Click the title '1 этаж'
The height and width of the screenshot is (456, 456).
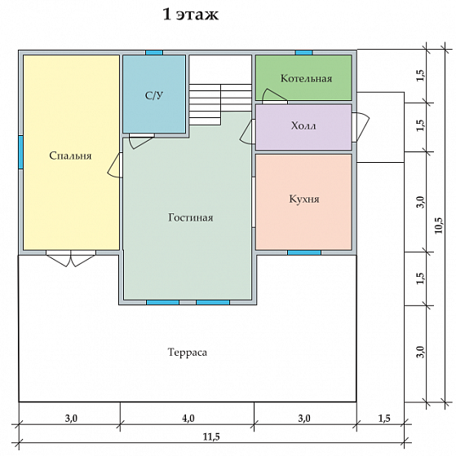click(x=190, y=15)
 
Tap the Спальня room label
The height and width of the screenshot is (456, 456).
click(x=70, y=156)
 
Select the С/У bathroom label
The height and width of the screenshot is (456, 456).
click(x=154, y=95)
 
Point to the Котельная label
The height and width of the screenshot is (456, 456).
click(x=306, y=78)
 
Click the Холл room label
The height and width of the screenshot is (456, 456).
click(x=303, y=125)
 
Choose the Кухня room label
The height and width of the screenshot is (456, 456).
click(x=304, y=199)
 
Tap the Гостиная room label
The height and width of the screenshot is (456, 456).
click(x=191, y=217)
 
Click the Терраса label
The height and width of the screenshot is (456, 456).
click(x=188, y=352)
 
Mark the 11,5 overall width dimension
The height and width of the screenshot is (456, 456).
click(x=211, y=436)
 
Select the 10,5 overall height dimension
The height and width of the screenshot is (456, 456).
click(x=438, y=226)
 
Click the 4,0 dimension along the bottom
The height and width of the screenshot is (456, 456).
click(x=188, y=419)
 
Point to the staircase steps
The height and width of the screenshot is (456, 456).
click(x=220, y=104)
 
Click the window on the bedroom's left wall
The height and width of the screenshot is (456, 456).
click(x=20, y=152)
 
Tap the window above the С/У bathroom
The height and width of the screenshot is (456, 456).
click(x=154, y=53)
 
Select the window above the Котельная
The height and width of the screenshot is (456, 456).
click(x=304, y=53)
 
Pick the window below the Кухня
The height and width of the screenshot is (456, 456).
click(x=304, y=252)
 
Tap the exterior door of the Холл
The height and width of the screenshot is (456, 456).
click(x=361, y=127)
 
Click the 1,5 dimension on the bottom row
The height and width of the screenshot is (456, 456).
click(x=384, y=419)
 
